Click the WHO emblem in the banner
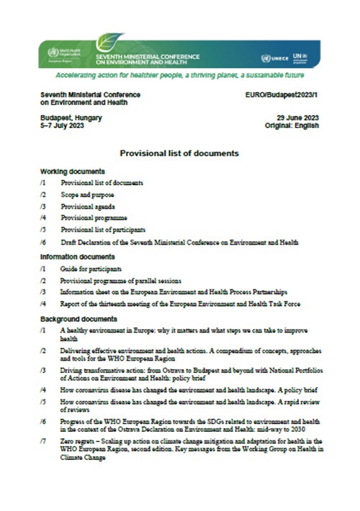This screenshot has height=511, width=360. point(48,53)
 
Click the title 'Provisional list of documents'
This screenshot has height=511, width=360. point(179,153)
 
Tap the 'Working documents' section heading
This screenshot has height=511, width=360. point(73,172)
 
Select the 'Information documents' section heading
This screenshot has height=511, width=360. point(78,257)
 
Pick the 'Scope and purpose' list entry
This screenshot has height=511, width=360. point(87,195)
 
